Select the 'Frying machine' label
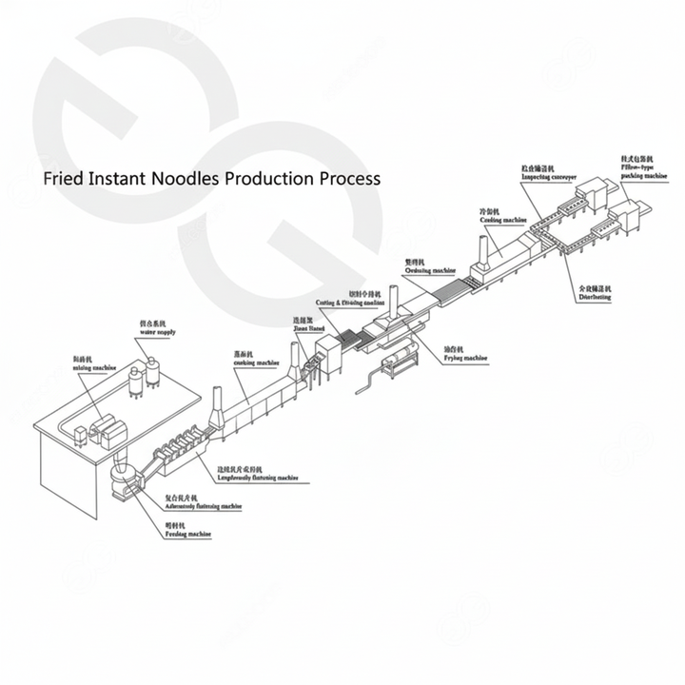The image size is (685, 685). pos(465,359)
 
